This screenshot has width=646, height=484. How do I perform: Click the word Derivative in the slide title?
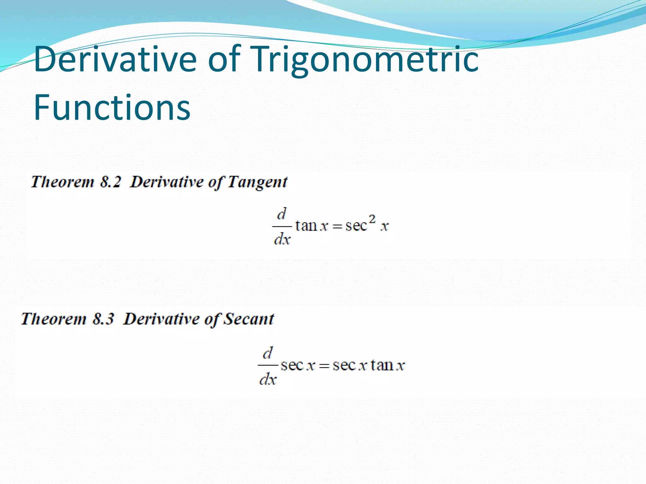pos(115,59)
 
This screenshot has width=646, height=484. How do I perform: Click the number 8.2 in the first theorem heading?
pos(110,182)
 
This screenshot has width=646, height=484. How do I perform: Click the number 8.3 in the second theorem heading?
pos(103,319)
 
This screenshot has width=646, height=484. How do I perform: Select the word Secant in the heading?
pos(249,319)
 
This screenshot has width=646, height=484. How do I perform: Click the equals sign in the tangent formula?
pos(337,226)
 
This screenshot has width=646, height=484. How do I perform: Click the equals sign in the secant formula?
pos(324,366)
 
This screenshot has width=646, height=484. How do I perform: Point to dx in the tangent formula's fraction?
pos(282,239)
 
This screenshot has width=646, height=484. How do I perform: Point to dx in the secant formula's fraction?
pos(268,379)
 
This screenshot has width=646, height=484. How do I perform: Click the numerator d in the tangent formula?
pos(281,214)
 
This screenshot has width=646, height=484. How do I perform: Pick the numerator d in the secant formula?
pos(267,353)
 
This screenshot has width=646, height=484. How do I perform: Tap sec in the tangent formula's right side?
pos(356,226)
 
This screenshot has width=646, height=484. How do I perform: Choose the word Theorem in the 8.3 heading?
pos(54,319)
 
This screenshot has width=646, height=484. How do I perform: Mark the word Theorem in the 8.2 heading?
pos(62,182)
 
